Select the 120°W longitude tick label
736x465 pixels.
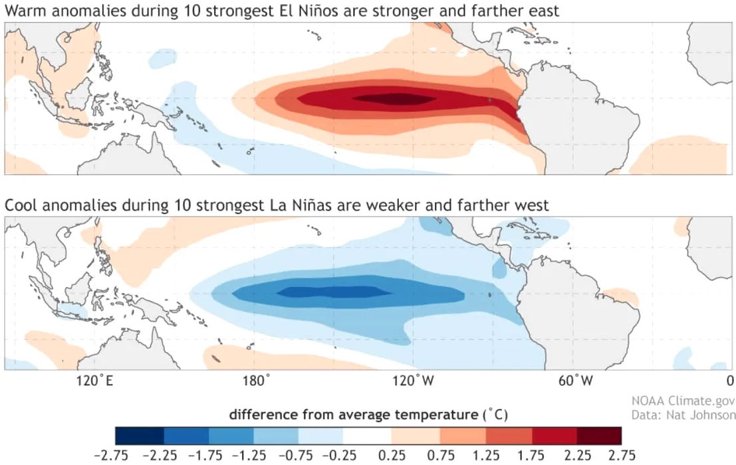(418, 381)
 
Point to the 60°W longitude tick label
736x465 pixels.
(575, 381)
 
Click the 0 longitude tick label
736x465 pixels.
(730, 381)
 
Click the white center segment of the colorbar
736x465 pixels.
(368, 436)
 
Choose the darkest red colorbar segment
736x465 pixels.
(600, 436)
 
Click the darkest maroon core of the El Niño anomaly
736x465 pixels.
(392, 99)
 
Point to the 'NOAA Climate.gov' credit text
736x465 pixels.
(683, 401)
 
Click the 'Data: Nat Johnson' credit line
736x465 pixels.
(683, 415)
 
